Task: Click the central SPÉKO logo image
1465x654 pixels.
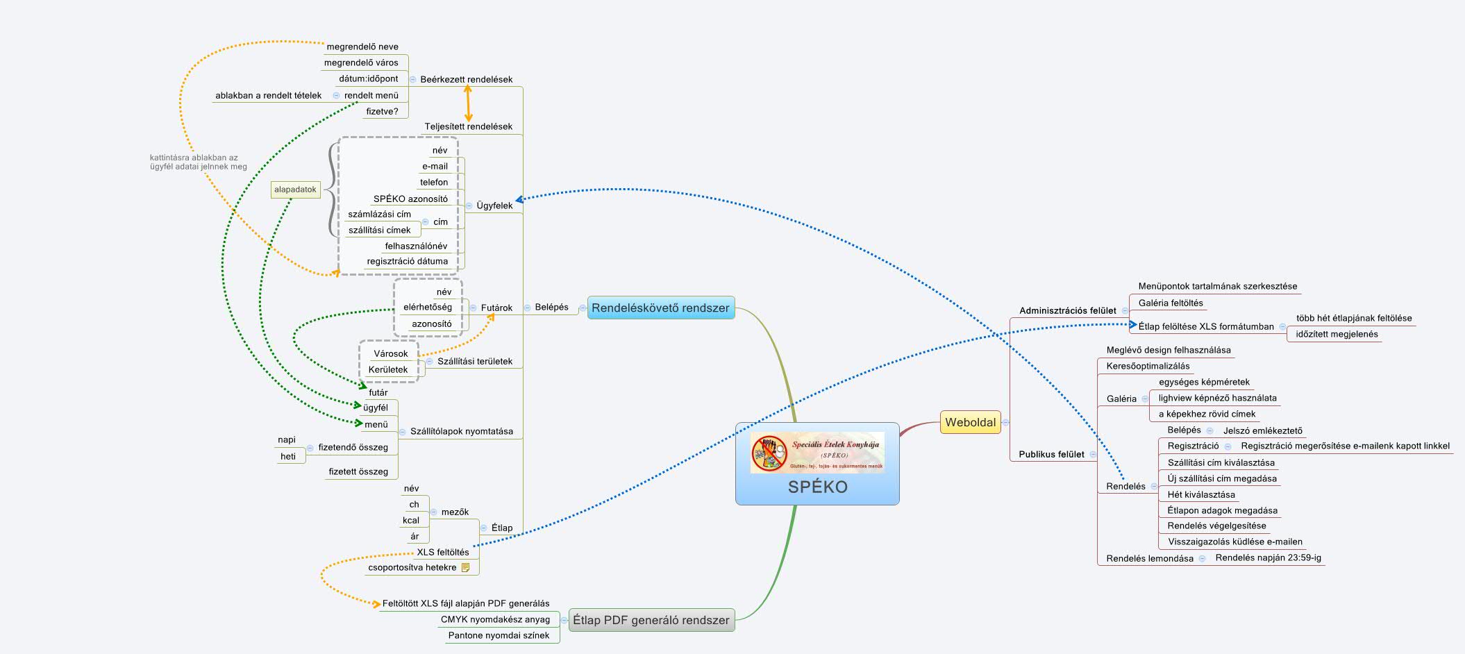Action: pyautogui.click(x=817, y=453)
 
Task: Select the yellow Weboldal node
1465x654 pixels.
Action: pyautogui.click(x=970, y=422)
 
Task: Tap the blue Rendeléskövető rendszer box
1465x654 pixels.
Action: pyautogui.click(x=660, y=308)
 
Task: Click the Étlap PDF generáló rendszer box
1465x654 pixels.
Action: pyautogui.click(x=651, y=620)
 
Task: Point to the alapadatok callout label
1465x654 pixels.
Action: pyautogui.click(x=295, y=190)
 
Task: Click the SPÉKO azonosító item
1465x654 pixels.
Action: pyautogui.click(x=410, y=199)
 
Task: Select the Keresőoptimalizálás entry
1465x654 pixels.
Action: pyautogui.click(x=1148, y=366)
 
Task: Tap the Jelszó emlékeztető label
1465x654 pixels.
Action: pyautogui.click(x=1262, y=430)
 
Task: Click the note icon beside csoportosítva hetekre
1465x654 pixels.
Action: pyautogui.click(x=465, y=567)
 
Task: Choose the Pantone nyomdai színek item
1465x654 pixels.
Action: pyautogui.click(x=499, y=635)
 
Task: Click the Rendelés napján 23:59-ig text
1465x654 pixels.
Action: pyautogui.click(x=1268, y=557)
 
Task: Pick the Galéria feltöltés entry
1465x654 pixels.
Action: pyautogui.click(x=1171, y=303)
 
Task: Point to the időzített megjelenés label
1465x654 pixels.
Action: pyautogui.click(x=1337, y=334)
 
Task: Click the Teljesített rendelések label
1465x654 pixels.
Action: pyautogui.click(x=469, y=126)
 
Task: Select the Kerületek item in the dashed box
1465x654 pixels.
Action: pyautogui.click(x=388, y=369)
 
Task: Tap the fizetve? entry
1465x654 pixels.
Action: pyautogui.click(x=382, y=111)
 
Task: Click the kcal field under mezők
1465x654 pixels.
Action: pyautogui.click(x=411, y=520)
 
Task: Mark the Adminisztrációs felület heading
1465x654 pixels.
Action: pyautogui.click(x=1067, y=310)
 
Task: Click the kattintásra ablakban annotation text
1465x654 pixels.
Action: pyautogui.click(x=198, y=162)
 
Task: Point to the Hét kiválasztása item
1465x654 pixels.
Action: pyautogui.click(x=1201, y=494)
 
